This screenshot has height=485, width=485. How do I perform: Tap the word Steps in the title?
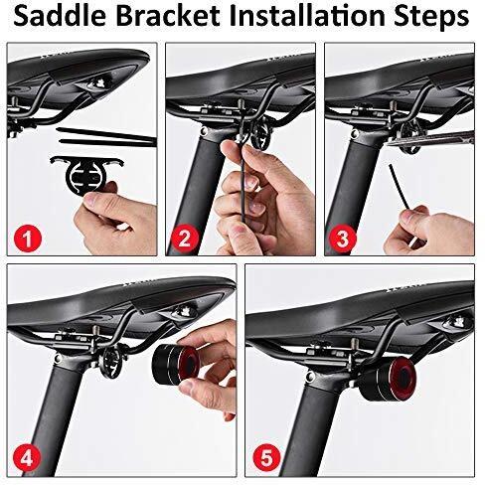pos(431,17)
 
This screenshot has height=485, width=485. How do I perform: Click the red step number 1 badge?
pos(28,238)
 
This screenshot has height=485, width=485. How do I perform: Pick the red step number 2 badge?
pos(185,238)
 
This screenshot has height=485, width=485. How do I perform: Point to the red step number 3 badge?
pos(343,238)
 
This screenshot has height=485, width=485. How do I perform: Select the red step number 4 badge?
pos(27,459)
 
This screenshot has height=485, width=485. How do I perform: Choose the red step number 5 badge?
pos(266,459)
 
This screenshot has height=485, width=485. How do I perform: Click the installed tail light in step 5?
pos(387,381)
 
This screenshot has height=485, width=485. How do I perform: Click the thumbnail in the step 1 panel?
pos(95,200)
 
